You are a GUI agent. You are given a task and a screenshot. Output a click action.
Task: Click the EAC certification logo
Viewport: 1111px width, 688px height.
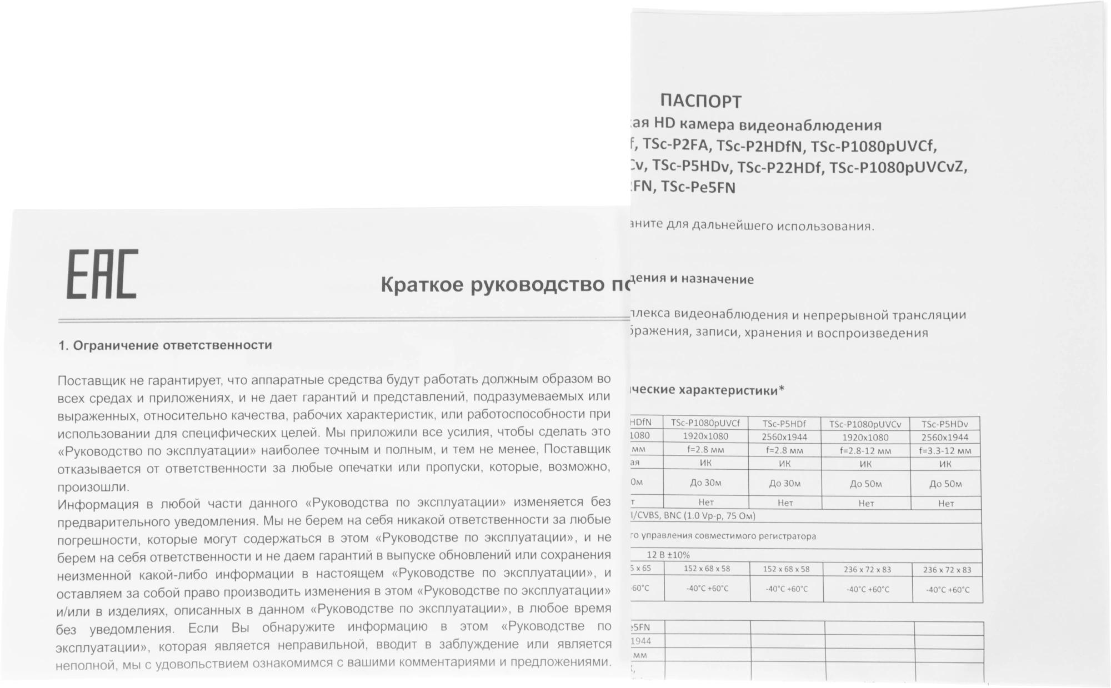click(x=102, y=274)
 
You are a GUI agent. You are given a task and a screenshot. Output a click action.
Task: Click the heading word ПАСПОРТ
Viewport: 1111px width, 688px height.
click(x=700, y=102)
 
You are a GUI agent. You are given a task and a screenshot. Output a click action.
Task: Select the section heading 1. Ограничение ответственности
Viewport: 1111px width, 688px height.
click(x=165, y=345)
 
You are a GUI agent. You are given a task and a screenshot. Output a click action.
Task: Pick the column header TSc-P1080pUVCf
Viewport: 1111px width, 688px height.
click(x=705, y=423)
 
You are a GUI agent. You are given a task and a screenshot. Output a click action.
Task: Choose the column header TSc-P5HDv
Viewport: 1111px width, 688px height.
click(x=944, y=424)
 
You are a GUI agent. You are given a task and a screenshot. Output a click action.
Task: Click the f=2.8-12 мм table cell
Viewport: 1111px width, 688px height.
click(x=865, y=451)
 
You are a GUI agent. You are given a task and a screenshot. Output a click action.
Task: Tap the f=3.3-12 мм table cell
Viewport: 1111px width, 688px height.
click(x=945, y=451)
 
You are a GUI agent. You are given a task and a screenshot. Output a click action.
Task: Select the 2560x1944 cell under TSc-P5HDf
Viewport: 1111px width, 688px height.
click(x=784, y=437)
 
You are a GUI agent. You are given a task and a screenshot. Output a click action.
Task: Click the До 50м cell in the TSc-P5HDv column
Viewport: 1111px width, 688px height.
click(x=945, y=484)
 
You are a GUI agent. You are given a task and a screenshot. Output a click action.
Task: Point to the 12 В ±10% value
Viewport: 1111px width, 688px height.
click(x=668, y=555)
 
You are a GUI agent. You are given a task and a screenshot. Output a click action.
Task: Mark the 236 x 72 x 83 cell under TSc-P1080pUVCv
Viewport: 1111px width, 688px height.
click(x=867, y=570)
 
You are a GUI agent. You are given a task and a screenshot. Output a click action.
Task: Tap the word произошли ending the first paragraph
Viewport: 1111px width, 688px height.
click(x=93, y=488)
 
